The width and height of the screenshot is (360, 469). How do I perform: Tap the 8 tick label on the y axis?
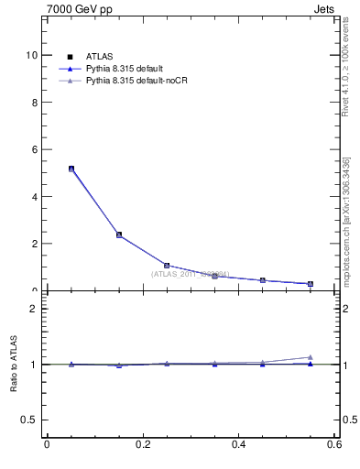34,103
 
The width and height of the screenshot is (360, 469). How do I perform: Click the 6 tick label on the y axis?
34,149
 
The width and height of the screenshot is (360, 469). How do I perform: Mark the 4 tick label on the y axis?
34,197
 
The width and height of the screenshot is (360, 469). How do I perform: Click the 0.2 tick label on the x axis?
143,444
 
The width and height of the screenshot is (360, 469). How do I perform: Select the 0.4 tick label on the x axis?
239,444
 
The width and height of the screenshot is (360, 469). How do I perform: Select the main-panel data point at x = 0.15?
119,234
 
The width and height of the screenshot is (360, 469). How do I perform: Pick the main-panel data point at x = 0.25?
167,266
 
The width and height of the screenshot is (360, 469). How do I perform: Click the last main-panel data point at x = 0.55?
311,284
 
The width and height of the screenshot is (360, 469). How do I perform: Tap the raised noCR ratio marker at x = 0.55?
311,357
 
